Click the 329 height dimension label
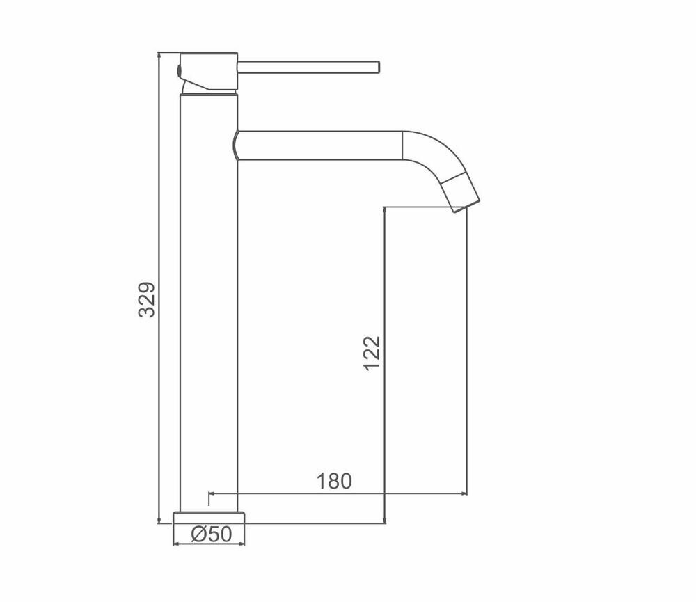(x=147, y=299)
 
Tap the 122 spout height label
(x=372, y=353)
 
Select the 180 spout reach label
(x=334, y=481)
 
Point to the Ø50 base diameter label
(x=212, y=534)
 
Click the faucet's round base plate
(x=209, y=518)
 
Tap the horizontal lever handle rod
(x=308, y=68)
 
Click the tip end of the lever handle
(x=379, y=68)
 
